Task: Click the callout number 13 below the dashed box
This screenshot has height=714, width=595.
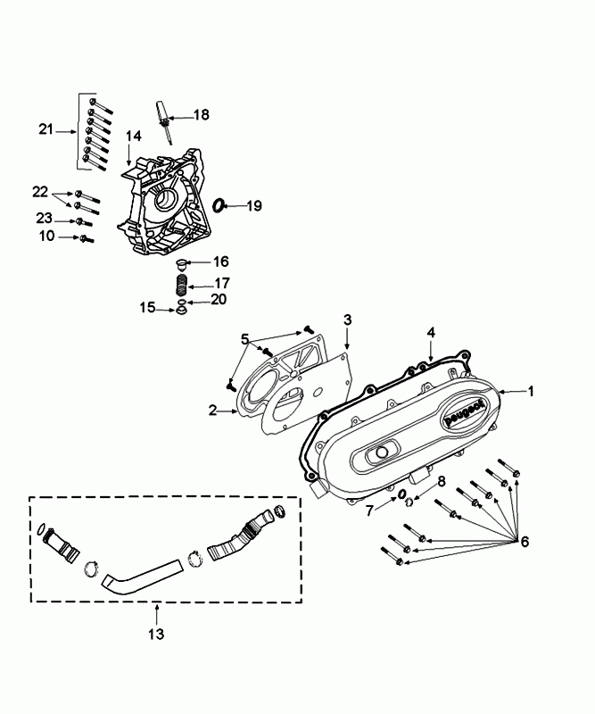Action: click(x=156, y=635)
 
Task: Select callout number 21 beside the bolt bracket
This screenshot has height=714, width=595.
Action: click(x=47, y=129)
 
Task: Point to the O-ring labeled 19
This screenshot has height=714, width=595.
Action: click(x=218, y=206)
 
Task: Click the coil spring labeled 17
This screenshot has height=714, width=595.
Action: click(x=180, y=285)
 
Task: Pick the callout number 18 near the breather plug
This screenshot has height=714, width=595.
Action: click(x=202, y=114)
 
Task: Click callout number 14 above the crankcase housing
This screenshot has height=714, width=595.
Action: click(x=134, y=136)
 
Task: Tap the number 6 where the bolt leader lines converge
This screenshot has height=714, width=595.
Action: click(x=525, y=542)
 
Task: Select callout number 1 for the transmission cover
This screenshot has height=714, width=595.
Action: click(x=531, y=391)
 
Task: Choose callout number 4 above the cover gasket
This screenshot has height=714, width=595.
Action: click(x=431, y=332)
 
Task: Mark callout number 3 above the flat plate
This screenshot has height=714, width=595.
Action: click(x=348, y=319)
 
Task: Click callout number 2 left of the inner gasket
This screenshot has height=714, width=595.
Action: click(x=213, y=410)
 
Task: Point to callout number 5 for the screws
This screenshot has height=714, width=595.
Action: click(x=244, y=339)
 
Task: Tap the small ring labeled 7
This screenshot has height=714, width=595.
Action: click(x=402, y=494)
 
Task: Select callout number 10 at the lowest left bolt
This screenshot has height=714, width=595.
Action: click(x=47, y=236)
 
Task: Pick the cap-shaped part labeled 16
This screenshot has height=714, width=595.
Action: click(x=181, y=262)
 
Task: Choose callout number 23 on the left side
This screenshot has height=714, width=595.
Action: click(x=45, y=219)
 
